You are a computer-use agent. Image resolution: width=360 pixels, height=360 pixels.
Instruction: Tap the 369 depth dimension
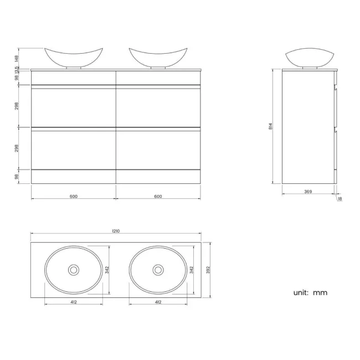point(308,192)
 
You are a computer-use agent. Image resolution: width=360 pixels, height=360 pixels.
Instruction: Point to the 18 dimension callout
point(340,199)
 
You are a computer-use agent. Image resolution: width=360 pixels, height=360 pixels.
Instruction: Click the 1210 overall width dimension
point(116,231)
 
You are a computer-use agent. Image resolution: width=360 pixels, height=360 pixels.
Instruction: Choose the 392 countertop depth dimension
point(208,270)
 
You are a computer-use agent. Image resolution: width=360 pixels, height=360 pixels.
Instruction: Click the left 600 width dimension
point(74,196)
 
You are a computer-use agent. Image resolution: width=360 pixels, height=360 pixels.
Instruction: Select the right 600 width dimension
point(158,196)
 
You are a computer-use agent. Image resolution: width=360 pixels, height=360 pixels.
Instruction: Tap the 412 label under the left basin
point(74,302)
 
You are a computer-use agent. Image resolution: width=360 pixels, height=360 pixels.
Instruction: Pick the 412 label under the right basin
point(158,302)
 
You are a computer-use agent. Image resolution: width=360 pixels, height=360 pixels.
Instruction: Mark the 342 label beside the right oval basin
point(192,270)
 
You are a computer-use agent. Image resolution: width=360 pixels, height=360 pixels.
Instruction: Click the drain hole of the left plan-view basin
point(74,270)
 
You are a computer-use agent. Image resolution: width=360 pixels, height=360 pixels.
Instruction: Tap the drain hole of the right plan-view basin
point(158,270)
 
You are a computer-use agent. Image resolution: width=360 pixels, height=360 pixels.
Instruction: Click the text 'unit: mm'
point(310,292)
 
